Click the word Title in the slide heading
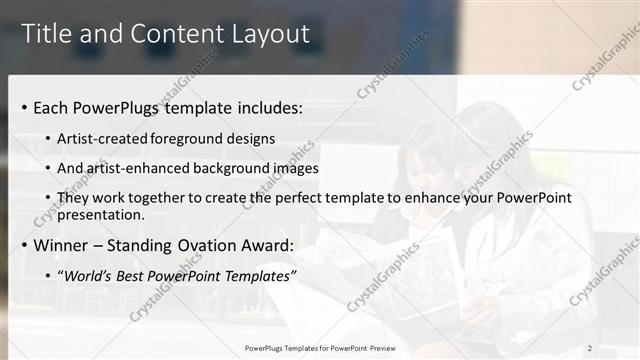click(47, 34)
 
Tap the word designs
click(249, 139)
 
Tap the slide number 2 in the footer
click(590, 348)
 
